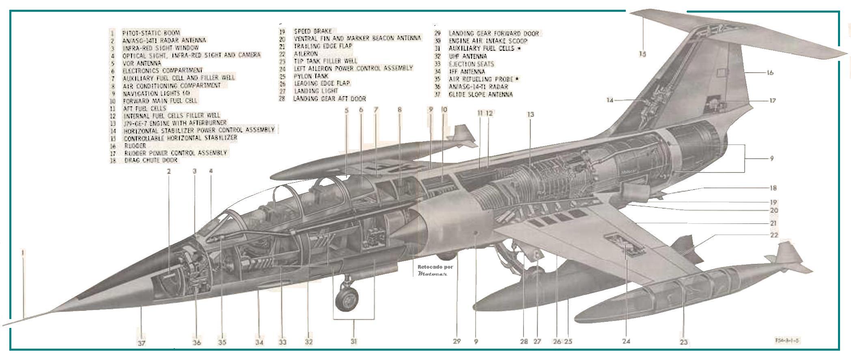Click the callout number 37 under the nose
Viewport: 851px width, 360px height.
pos(141,343)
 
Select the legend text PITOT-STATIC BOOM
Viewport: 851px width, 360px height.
pos(151,32)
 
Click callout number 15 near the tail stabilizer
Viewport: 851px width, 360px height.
pos(642,54)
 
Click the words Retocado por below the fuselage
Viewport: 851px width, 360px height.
pos(435,267)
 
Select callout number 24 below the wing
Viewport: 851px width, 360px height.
pos(626,341)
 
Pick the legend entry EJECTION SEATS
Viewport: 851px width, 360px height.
pos(471,64)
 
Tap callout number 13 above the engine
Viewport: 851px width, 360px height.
pos(530,115)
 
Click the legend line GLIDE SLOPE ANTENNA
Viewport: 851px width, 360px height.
pos(480,94)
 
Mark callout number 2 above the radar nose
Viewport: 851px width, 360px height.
pos(169,171)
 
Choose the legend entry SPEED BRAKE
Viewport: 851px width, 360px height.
pos(313,31)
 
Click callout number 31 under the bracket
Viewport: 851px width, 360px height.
pos(353,342)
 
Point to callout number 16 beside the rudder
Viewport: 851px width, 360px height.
pos(770,73)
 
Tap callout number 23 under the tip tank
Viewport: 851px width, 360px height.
pos(684,342)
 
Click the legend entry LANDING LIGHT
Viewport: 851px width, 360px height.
pos(316,91)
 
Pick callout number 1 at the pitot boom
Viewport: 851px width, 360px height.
pos(23,252)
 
